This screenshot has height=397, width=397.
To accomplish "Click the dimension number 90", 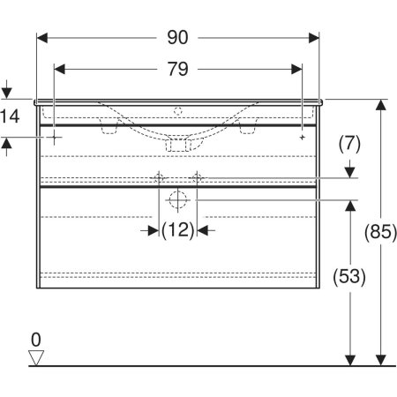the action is click(x=177, y=38).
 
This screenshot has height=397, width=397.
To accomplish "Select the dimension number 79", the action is click(x=177, y=69).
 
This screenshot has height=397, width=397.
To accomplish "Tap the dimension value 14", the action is click(x=10, y=116).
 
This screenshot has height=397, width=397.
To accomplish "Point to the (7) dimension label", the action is click(x=349, y=144).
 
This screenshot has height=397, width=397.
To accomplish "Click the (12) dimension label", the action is click(x=177, y=230).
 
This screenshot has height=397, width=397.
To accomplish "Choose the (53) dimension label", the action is click(x=349, y=276).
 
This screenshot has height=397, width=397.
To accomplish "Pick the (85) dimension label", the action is click(x=380, y=231).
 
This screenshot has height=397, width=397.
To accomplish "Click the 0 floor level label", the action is click(x=36, y=340).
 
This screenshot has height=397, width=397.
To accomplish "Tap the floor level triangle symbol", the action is click(x=36, y=357).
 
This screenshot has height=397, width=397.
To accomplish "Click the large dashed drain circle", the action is click(x=177, y=200).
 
